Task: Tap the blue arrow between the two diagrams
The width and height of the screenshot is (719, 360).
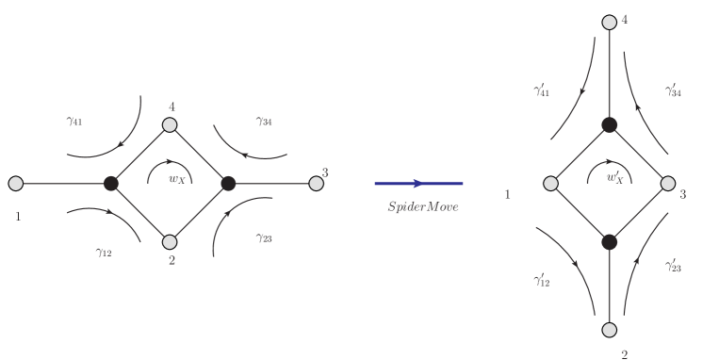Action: coord(418,183)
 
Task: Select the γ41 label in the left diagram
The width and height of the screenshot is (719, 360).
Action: coord(76,122)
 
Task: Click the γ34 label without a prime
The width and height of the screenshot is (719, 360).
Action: coord(264,122)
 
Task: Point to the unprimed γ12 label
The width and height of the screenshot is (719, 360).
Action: coord(104,252)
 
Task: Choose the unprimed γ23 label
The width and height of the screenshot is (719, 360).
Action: coord(264,238)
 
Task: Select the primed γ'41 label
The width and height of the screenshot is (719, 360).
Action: coord(543,90)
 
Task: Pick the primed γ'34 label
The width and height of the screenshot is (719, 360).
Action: coord(674,90)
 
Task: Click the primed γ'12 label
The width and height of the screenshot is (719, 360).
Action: coord(543,280)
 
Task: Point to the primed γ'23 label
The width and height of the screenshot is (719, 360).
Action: coord(674,267)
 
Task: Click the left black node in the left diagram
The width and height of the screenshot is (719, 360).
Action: coord(110,183)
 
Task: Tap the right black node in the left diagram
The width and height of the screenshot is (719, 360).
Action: coord(227,183)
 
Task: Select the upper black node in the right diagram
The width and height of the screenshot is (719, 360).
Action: coord(610,123)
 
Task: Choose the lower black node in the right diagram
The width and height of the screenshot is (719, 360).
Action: coord(610,242)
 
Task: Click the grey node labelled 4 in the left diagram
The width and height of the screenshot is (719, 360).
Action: coord(170,124)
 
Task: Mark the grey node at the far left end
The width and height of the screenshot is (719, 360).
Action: coord(15,183)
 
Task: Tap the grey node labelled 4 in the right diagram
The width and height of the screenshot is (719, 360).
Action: coord(610,22)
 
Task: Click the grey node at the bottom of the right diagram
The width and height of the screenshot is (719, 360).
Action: coord(610,329)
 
